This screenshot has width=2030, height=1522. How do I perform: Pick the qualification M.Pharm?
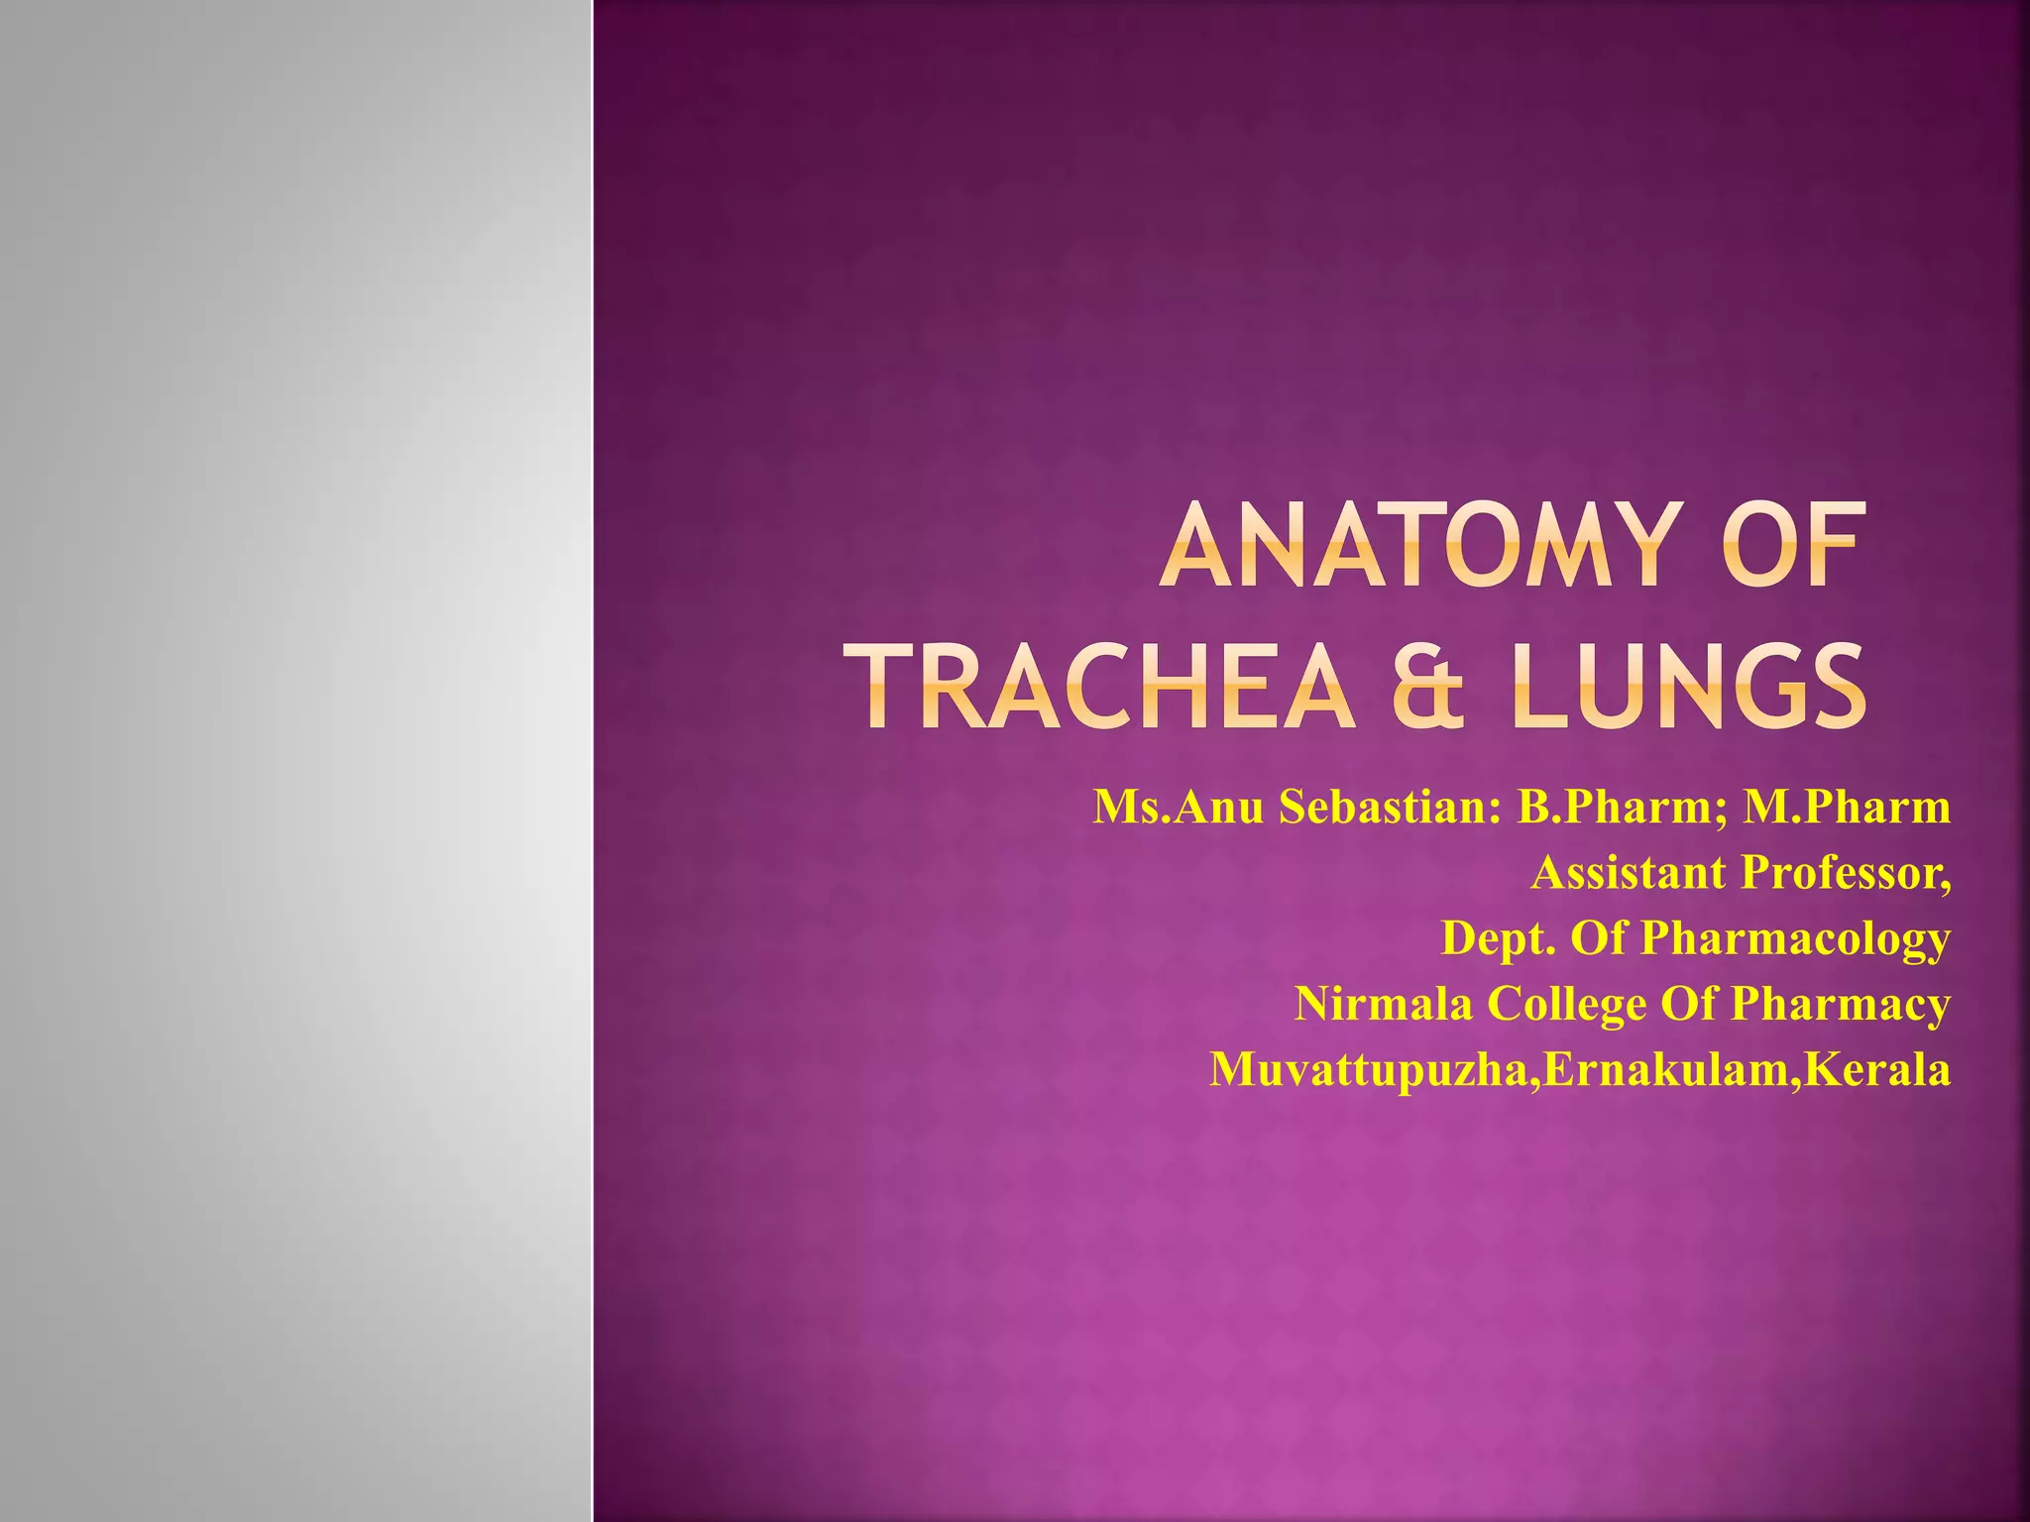[x=1848, y=807]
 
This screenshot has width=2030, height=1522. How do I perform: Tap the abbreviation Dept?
[x=1498, y=938]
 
